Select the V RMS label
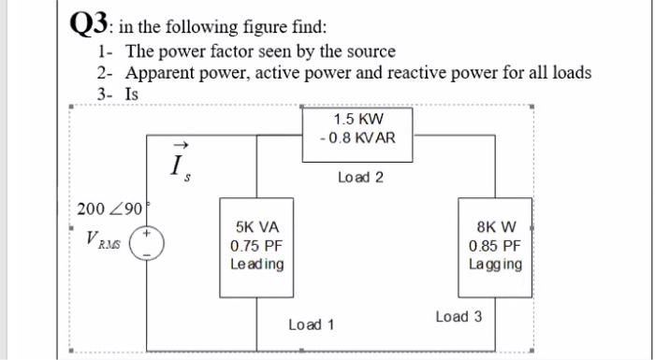[x=107, y=241]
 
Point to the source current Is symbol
[x=179, y=164]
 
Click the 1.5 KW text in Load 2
[x=358, y=120]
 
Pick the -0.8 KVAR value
[x=357, y=138]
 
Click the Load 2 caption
[x=359, y=177]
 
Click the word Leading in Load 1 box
[x=256, y=264]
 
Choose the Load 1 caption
[x=312, y=324]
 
